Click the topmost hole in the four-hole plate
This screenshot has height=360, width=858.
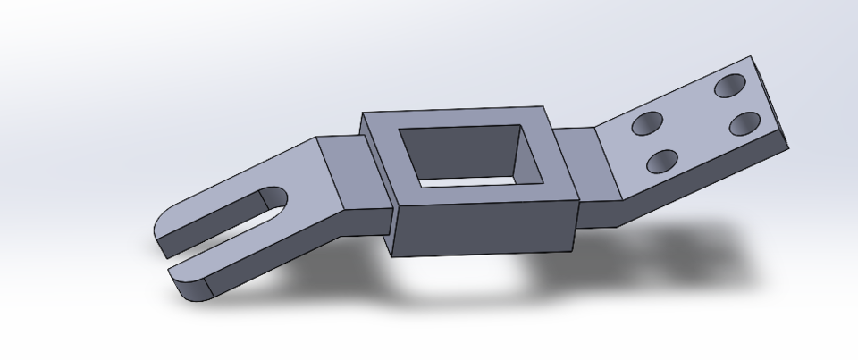[731, 86]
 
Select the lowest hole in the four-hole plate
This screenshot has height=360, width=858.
[662, 162]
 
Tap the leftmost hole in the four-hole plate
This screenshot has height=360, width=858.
[646, 123]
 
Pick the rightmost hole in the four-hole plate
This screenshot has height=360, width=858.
[745, 123]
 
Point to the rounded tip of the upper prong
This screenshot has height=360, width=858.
[161, 232]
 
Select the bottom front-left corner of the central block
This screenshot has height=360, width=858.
[393, 255]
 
